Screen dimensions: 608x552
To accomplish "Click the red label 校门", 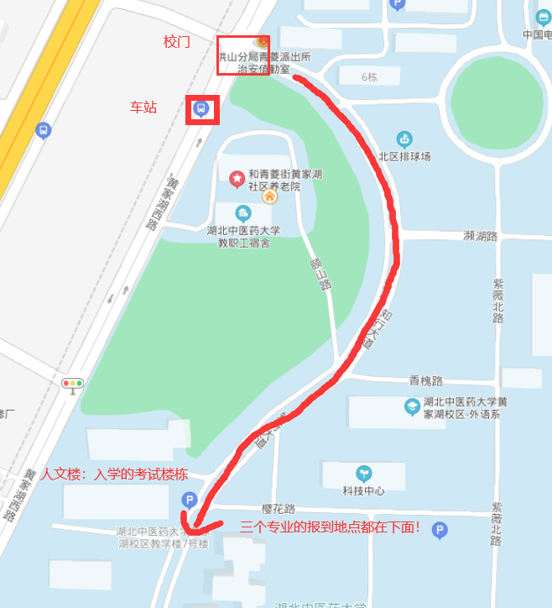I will coord(176,41).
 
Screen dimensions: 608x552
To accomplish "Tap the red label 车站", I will coord(143,107).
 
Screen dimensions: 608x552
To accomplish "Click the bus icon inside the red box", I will coord(201,108).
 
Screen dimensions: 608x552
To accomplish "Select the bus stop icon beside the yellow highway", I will coord(43,130).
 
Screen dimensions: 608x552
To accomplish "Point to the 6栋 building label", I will coord(369,77).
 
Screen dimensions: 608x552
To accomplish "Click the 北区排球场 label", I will coord(404,156).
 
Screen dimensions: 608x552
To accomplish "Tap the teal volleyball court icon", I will coord(404,139).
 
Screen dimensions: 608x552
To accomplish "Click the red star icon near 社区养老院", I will coord(237,178).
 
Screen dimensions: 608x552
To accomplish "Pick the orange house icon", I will coord(269,197).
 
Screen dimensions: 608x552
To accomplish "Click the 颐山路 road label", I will coord(322,272).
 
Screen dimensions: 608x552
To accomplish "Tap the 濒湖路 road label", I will coord(481,236).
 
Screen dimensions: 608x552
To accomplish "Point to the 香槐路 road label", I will coord(425,380).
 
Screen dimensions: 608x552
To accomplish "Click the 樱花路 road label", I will coord(279,509).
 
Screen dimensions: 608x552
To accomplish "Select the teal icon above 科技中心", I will coord(363,474).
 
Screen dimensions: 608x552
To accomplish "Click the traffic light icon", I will coord(73,384).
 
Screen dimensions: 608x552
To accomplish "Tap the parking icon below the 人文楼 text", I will coord(190,501).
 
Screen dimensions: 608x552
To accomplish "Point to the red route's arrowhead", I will coord(195,527).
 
